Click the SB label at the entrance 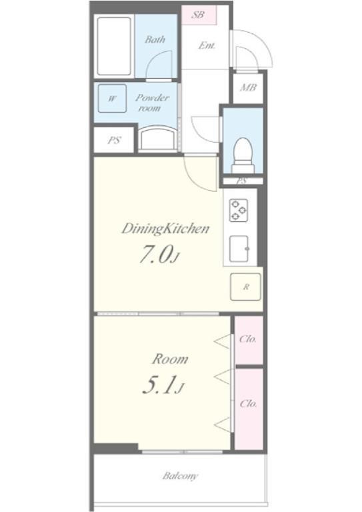(x=198, y=15)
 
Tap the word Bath (x=155, y=39)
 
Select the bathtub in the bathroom (x=114, y=46)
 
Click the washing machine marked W (x=112, y=98)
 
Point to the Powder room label (x=152, y=103)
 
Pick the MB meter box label (x=248, y=87)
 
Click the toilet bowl (x=243, y=155)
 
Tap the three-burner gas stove (x=238, y=210)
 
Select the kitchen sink (x=239, y=249)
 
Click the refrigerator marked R (x=245, y=287)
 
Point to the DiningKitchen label (x=165, y=229)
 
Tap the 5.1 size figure (x=163, y=385)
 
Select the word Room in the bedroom (x=170, y=359)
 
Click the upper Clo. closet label (x=248, y=339)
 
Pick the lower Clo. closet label (x=249, y=404)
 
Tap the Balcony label (x=180, y=476)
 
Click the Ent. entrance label (x=207, y=46)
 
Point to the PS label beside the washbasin (x=114, y=141)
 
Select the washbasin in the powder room (x=157, y=139)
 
